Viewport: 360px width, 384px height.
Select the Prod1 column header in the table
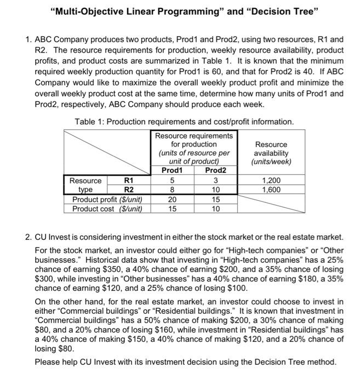tap(172, 171)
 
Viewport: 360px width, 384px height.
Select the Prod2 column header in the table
tap(215, 171)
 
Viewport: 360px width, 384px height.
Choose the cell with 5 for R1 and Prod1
tap(172, 180)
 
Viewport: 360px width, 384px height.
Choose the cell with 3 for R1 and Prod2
tap(215, 180)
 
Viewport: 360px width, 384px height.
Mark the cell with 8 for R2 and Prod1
tap(172, 189)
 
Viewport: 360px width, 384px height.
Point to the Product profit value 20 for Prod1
tap(172, 199)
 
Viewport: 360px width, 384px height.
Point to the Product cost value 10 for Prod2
tap(215, 208)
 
